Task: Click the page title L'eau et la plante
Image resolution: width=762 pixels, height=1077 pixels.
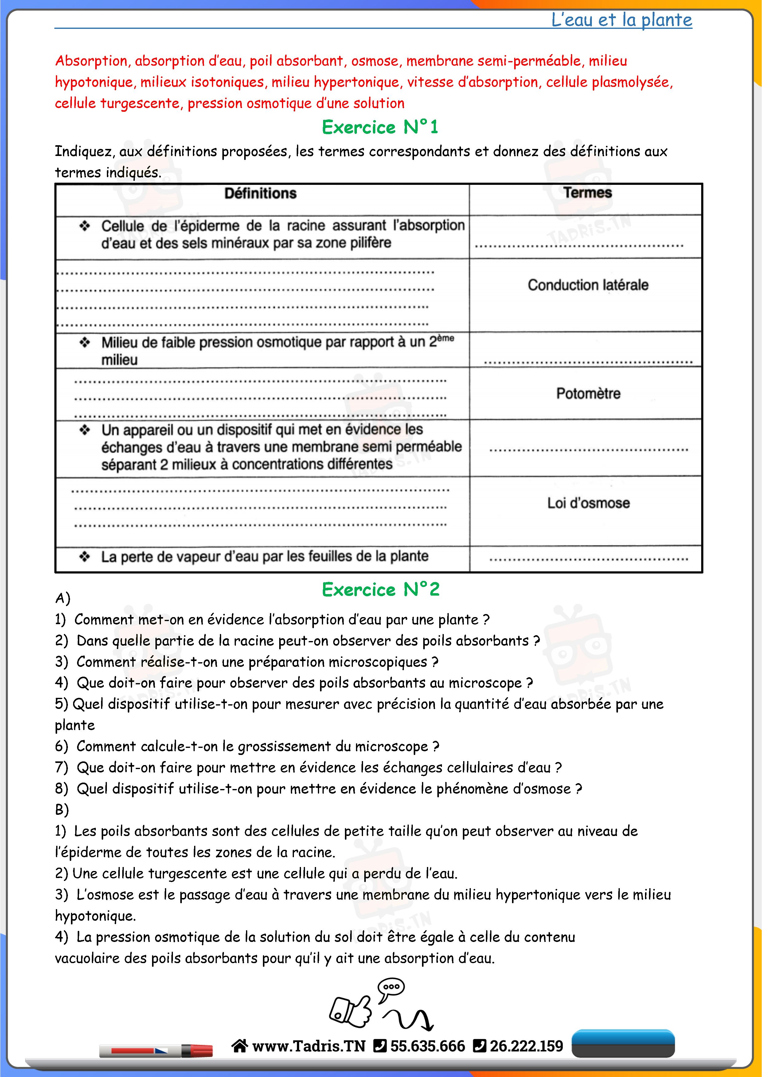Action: (621, 20)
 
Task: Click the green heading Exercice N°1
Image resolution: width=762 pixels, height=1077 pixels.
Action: (380, 127)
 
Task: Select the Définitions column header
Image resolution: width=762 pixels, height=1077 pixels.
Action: (260, 193)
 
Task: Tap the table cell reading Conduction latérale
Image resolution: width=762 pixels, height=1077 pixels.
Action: (588, 285)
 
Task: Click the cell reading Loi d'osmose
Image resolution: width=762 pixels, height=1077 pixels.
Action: (588, 503)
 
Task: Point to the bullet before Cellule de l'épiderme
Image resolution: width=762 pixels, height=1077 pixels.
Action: (84, 226)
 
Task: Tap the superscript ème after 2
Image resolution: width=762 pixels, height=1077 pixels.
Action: (445, 338)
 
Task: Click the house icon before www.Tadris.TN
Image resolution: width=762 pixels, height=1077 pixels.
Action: (239, 1046)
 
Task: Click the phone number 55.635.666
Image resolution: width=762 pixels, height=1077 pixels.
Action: (428, 1046)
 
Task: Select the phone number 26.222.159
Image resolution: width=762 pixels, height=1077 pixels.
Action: (526, 1046)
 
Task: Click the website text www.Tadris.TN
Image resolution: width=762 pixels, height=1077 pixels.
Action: (308, 1046)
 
